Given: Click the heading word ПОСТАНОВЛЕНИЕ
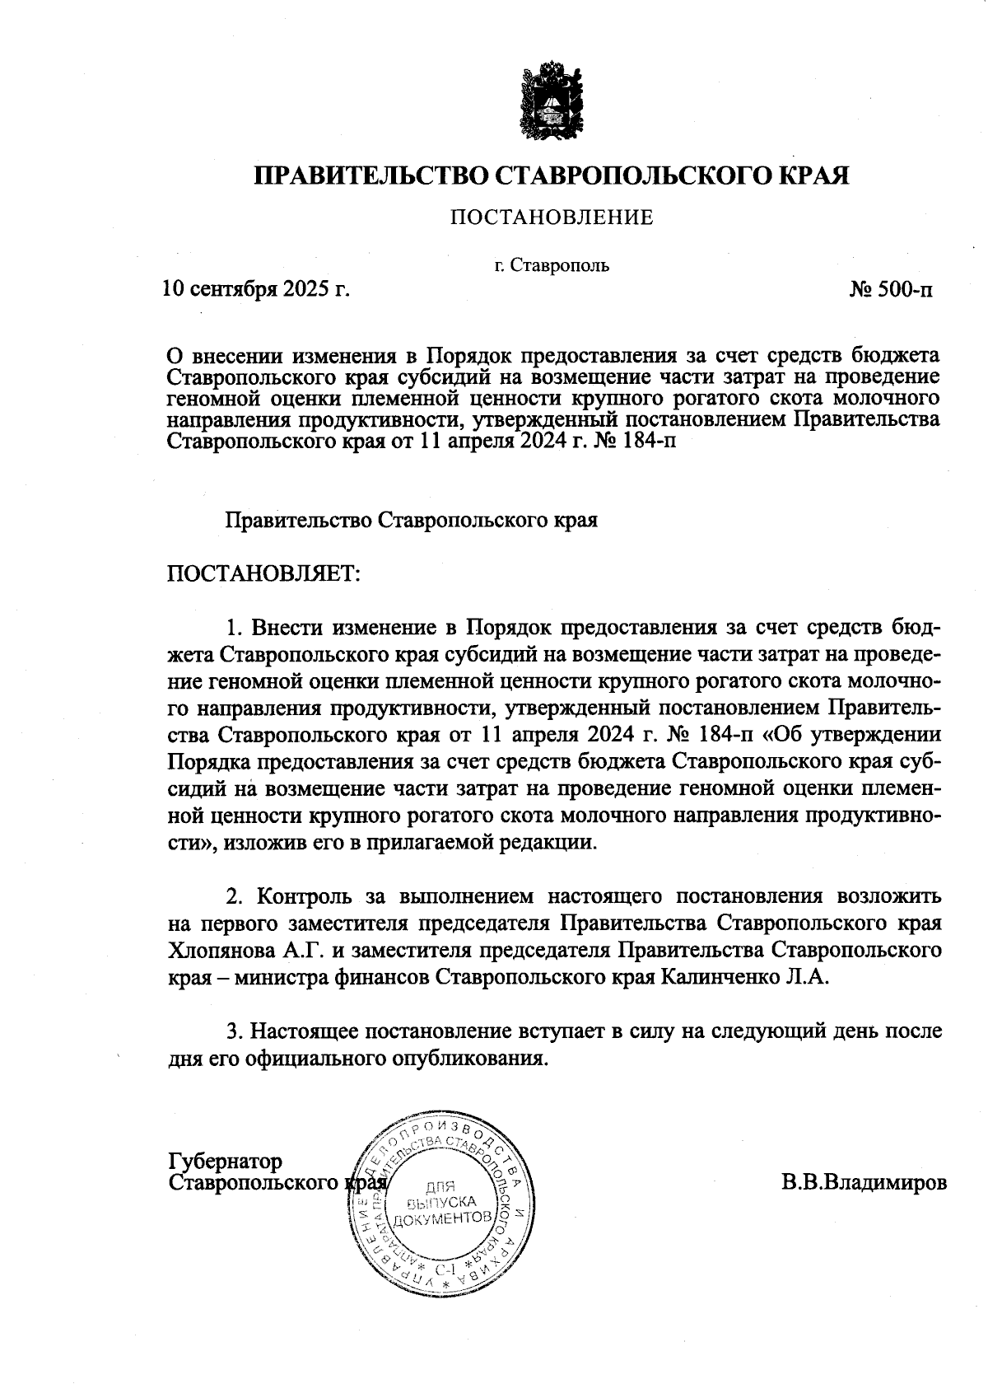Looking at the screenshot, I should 551,217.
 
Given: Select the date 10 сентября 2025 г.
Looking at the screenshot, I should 256,290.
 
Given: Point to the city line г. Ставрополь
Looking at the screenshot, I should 552,266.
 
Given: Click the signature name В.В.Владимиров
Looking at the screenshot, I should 864,1182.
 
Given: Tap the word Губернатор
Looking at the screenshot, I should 225,1161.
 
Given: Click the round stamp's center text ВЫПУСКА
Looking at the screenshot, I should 443,1202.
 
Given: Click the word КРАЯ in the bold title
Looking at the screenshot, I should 813,175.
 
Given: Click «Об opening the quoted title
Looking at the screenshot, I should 785,734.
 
